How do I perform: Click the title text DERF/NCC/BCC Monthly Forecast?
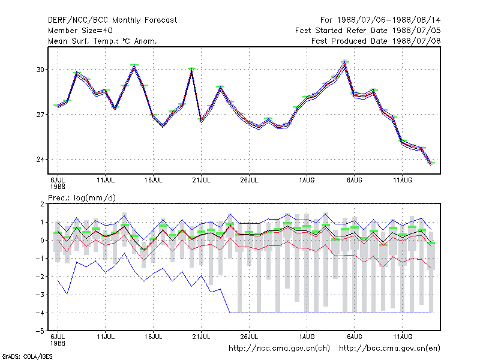tap(112, 20)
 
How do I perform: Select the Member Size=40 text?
tap(80, 31)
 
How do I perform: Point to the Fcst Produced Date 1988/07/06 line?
tap(376, 41)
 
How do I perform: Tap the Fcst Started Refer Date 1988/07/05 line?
tap(368, 31)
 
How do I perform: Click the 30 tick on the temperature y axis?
tap(40, 70)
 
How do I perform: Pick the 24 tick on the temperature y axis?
tap(40, 160)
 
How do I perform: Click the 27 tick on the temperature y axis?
tap(40, 115)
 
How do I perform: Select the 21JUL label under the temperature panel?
tap(201, 180)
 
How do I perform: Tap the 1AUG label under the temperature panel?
tap(307, 180)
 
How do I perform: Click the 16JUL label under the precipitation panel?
tap(154, 337)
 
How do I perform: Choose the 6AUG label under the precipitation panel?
tap(355, 337)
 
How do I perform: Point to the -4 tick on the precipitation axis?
tap(38, 313)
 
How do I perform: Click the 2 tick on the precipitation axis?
tap(42, 204)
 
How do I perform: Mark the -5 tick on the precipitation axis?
tap(38, 331)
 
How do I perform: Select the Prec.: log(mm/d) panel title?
tap(82, 198)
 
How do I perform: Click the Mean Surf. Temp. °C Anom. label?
tap(103, 41)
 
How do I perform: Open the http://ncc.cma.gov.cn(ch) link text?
tap(279, 349)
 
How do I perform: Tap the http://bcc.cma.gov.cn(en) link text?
tap(389, 349)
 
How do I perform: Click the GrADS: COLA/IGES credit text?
tap(27, 356)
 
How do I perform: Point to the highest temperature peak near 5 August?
tap(344, 62)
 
